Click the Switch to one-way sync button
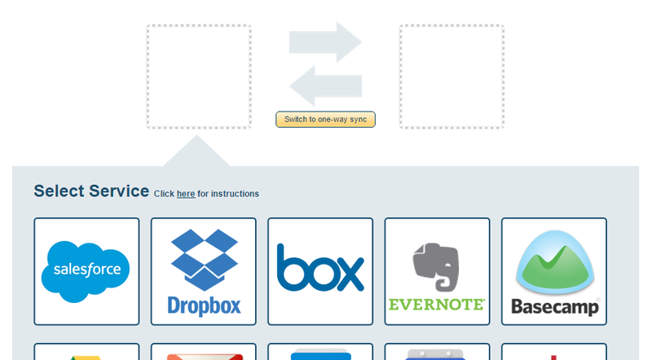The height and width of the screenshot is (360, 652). pyautogui.click(x=325, y=120)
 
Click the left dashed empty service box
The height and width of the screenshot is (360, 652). pyautogui.click(x=199, y=77)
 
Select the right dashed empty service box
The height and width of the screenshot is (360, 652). pyautogui.click(x=452, y=77)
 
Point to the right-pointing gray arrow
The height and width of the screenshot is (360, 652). pyautogui.click(x=325, y=42)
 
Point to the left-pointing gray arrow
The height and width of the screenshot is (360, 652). pyautogui.click(x=325, y=86)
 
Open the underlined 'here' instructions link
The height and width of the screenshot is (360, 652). pyautogui.click(x=186, y=194)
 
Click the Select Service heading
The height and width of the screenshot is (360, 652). pyautogui.click(x=91, y=191)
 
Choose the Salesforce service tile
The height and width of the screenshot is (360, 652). pyautogui.click(x=86, y=271)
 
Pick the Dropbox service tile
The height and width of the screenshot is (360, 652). pyautogui.click(x=204, y=271)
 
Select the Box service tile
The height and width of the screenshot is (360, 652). pyautogui.click(x=320, y=271)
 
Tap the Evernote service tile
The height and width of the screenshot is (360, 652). pyautogui.click(x=437, y=271)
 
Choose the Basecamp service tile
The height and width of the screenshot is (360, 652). pyautogui.click(x=554, y=271)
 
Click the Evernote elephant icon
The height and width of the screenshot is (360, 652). pyautogui.click(x=437, y=266)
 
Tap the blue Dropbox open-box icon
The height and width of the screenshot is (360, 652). pyautogui.click(x=204, y=258)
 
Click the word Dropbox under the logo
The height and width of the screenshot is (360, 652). pyautogui.click(x=204, y=305)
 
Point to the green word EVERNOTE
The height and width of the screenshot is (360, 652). pyautogui.click(x=437, y=305)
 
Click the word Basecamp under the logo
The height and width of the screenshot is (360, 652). pyautogui.click(x=554, y=306)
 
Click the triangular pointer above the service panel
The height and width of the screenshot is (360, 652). pyautogui.click(x=196, y=153)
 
